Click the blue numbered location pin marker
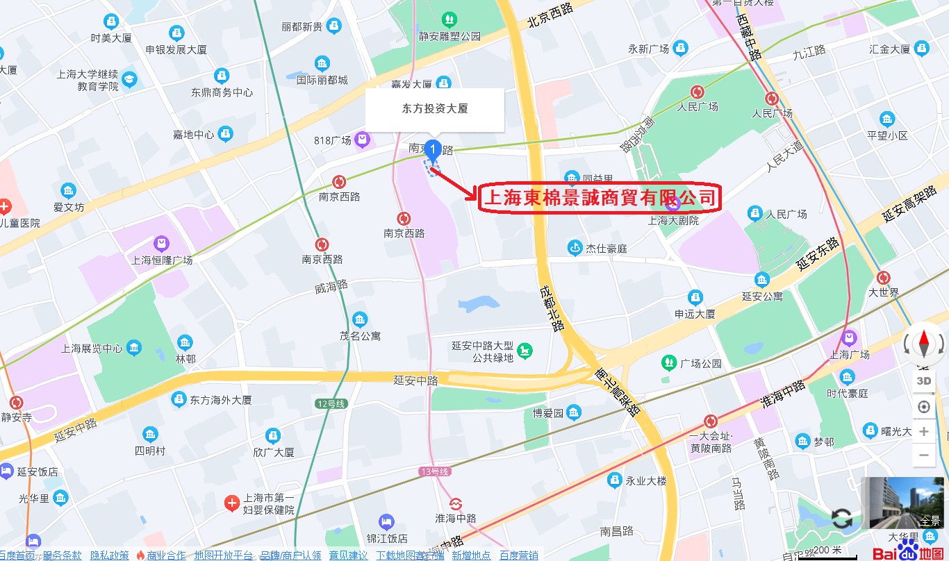click(432, 149)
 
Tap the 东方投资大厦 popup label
click(435, 109)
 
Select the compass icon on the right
click(924, 343)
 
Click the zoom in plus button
click(924, 432)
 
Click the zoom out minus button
click(924, 455)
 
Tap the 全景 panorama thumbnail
click(902, 503)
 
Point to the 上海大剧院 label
click(672, 221)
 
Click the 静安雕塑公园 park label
click(449, 35)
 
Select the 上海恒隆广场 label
click(162, 260)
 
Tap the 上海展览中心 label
click(92, 349)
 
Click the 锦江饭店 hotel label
click(387, 538)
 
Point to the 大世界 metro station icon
click(884, 278)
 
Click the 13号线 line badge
click(436, 471)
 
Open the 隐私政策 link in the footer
click(109, 555)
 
